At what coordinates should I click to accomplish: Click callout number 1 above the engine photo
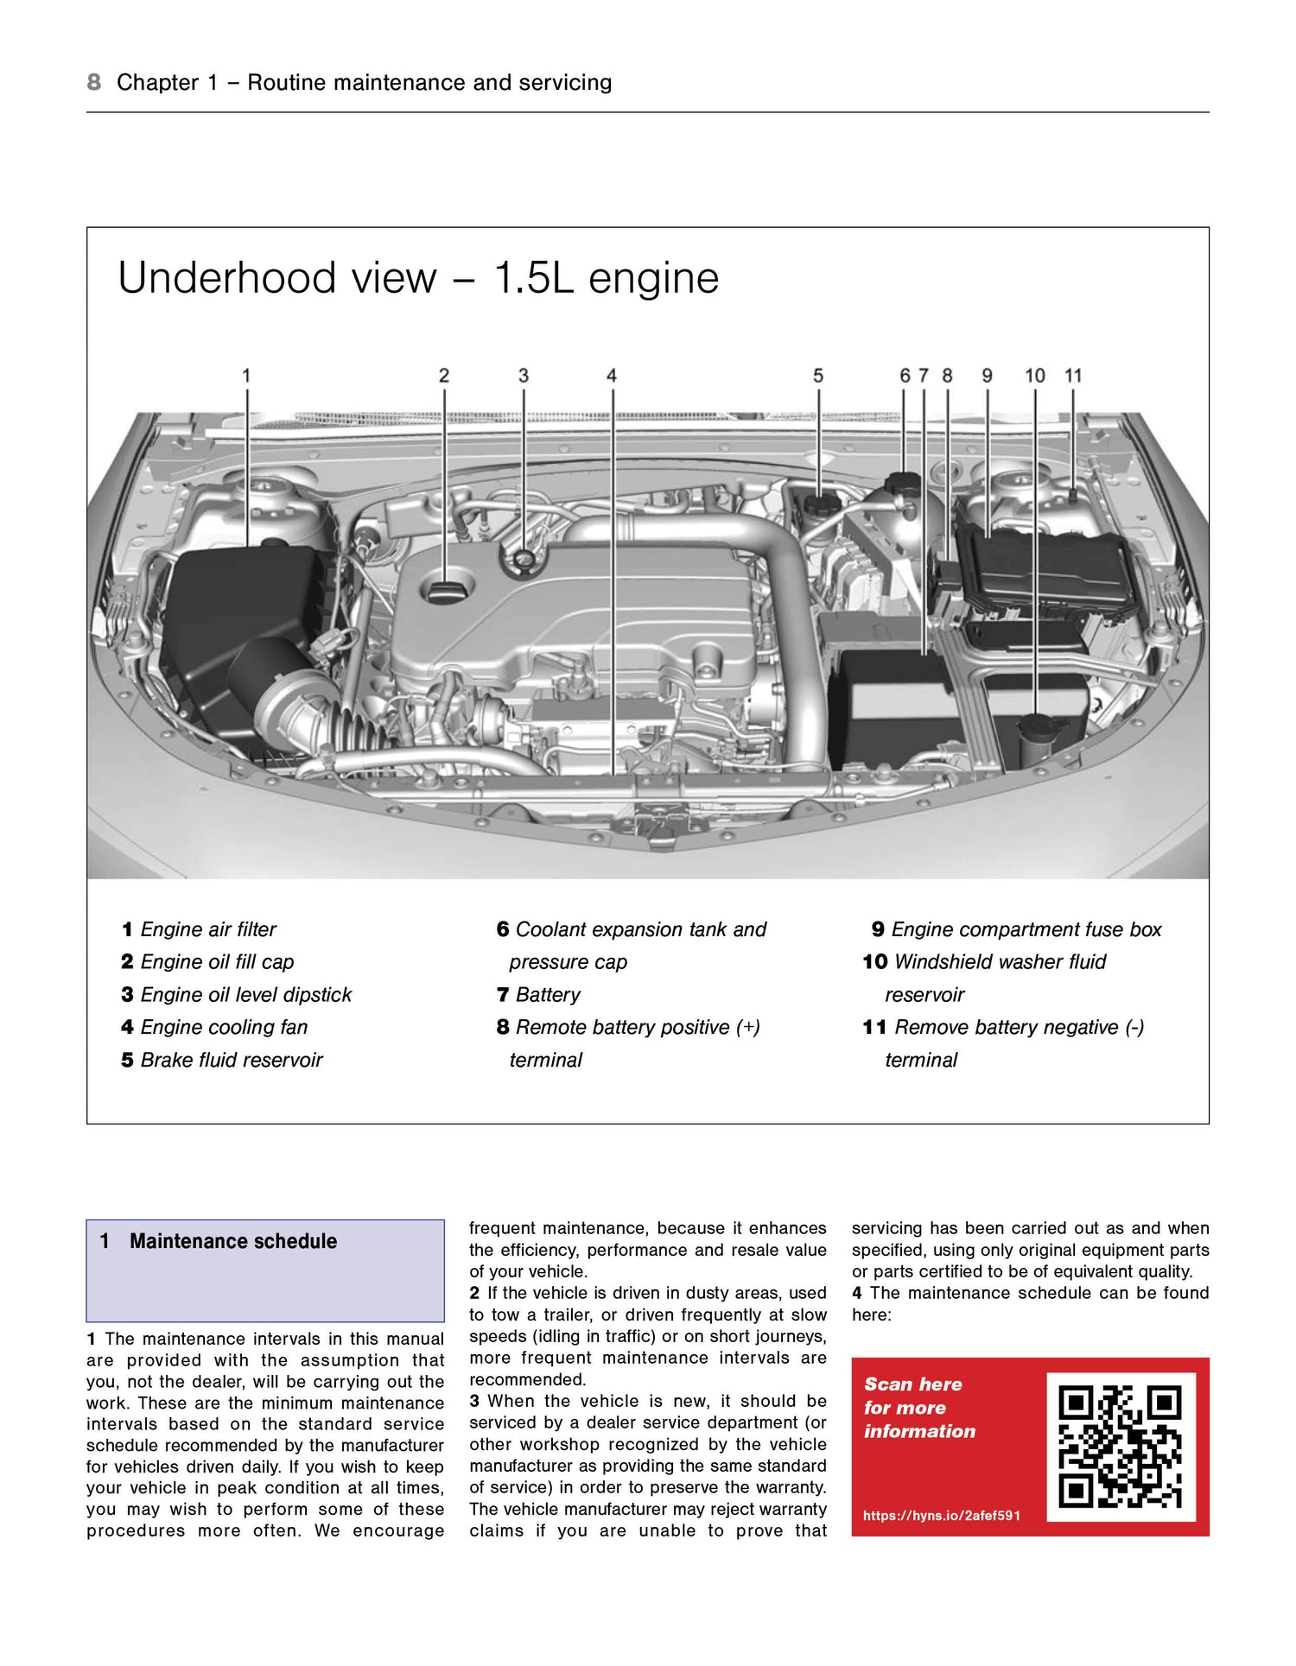[x=246, y=376]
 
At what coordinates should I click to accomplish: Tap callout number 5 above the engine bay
[x=818, y=376]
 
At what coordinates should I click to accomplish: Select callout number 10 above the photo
[x=1035, y=376]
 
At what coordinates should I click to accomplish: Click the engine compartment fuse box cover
[x=1037, y=570]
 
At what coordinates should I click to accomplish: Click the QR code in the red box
[x=1121, y=1447]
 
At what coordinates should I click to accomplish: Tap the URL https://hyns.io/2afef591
[x=942, y=1515]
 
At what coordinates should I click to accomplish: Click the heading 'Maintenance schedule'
[x=233, y=1241]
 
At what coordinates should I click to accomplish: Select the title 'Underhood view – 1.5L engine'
[x=418, y=278]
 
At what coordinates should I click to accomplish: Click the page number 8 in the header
[x=94, y=82]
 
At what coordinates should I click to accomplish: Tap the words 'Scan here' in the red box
[x=913, y=1384]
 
